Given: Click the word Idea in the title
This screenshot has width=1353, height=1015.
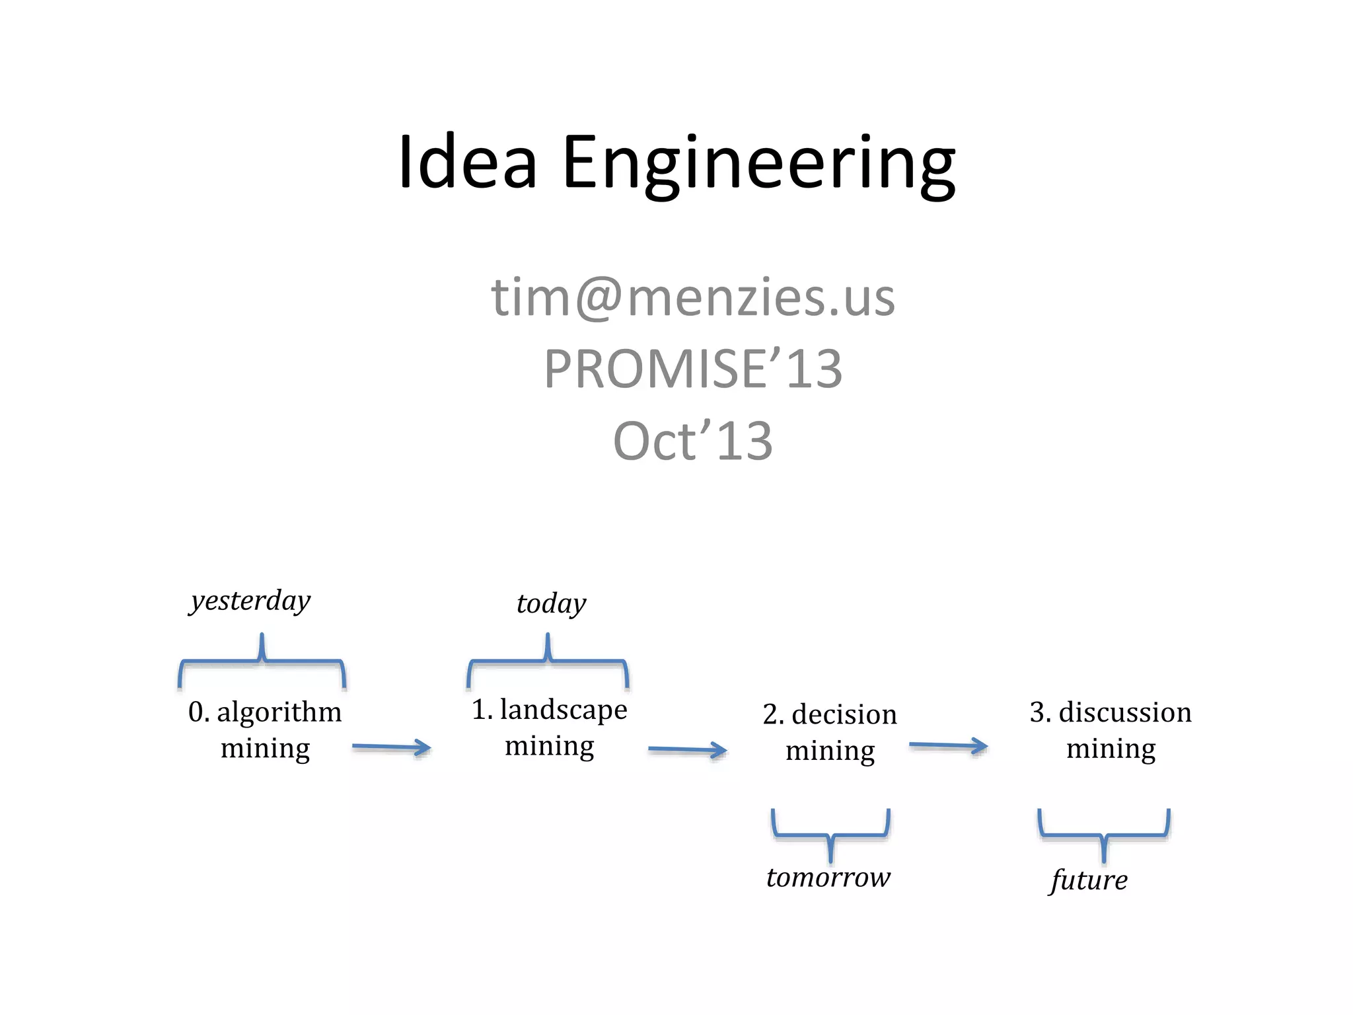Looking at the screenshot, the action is click(x=467, y=162).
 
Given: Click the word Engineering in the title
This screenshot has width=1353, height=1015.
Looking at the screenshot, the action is click(x=758, y=164).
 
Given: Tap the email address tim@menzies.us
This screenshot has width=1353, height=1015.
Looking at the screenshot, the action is click(x=692, y=297).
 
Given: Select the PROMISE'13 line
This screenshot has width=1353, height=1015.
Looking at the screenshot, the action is click(x=692, y=369).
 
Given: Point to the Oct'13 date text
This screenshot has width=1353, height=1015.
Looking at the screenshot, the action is click(x=692, y=441).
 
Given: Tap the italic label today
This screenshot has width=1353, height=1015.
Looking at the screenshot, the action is click(x=551, y=604).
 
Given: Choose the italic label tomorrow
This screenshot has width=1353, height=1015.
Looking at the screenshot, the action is click(x=828, y=878).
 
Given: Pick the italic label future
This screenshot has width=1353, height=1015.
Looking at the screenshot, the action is click(x=1089, y=880).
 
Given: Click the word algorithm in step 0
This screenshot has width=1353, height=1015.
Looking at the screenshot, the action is click(x=279, y=712).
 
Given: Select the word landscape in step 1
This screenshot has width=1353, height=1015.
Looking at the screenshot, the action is click(x=564, y=710).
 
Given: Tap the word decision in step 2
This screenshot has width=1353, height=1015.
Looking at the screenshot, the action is click(x=844, y=715).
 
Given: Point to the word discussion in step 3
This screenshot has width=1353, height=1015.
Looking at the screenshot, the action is click(x=1125, y=712).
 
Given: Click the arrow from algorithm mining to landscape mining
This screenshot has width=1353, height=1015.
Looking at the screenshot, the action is click(x=391, y=747).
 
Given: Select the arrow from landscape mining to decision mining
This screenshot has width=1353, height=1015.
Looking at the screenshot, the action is click(x=687, y=750).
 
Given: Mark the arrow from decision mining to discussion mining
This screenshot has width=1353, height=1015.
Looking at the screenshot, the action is click(x=948, y=746).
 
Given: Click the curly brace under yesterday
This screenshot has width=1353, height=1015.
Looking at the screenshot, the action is click(x=262, y=661).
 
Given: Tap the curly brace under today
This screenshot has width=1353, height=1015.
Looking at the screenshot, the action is click(x=548, y=661).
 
